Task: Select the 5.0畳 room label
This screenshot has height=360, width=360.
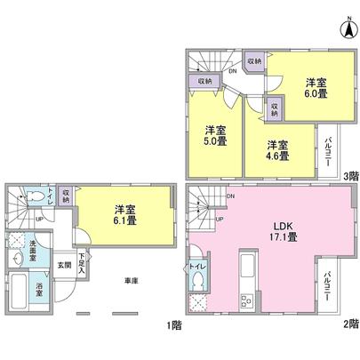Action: pos(214,132)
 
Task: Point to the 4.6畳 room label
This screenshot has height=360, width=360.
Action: pos(277,149)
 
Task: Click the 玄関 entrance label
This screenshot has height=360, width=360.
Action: pos(64,264)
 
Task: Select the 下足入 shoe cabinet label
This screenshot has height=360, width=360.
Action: pos(83,264)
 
